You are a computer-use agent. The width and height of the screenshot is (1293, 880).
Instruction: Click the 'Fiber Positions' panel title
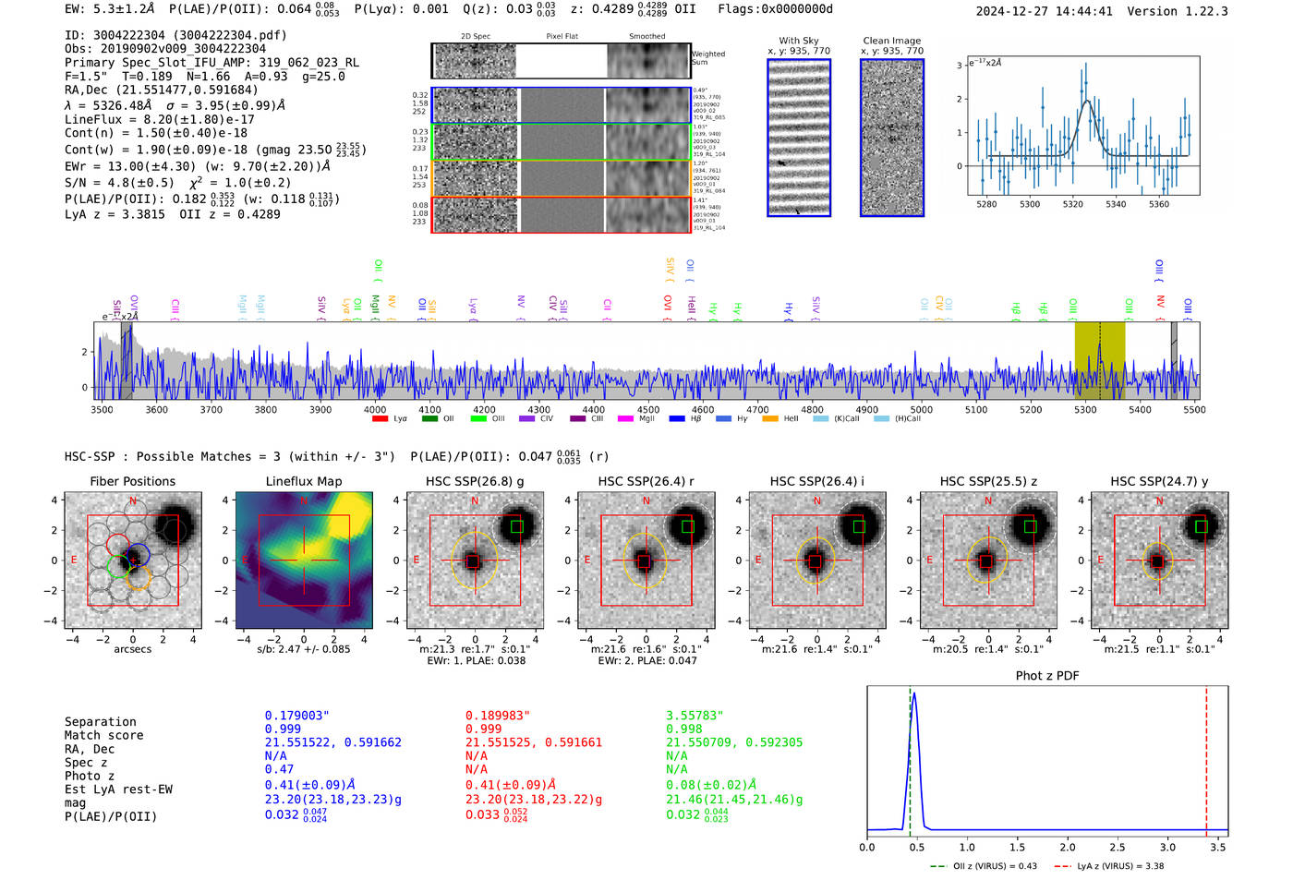coord(132,481)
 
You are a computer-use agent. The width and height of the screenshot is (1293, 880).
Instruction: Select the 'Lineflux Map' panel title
coord(303,481)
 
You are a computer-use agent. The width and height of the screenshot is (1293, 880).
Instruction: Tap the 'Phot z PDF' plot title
coord(1047,675)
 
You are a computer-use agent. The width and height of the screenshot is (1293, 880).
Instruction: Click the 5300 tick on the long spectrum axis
coord(1085,409)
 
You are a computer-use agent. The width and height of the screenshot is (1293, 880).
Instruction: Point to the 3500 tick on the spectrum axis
coord(102,409)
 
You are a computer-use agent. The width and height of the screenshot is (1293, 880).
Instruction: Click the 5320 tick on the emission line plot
coord(1072,204)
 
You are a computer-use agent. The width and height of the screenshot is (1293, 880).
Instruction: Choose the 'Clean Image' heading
coord(891,41)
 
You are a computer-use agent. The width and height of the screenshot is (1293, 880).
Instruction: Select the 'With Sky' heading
coord(798,41)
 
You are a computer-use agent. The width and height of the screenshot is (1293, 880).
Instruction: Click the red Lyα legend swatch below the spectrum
coord(380,419)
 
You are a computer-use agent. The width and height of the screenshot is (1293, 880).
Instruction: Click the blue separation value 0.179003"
coord(296,716)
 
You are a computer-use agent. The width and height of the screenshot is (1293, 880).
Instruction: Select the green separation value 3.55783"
coord(695,716)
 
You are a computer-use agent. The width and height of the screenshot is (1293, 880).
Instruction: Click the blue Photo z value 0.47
coord(279,769)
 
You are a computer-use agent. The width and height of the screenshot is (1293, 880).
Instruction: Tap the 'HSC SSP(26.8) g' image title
coord(475,481)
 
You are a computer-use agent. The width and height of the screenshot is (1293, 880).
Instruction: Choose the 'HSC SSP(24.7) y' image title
coord(1158,481)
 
